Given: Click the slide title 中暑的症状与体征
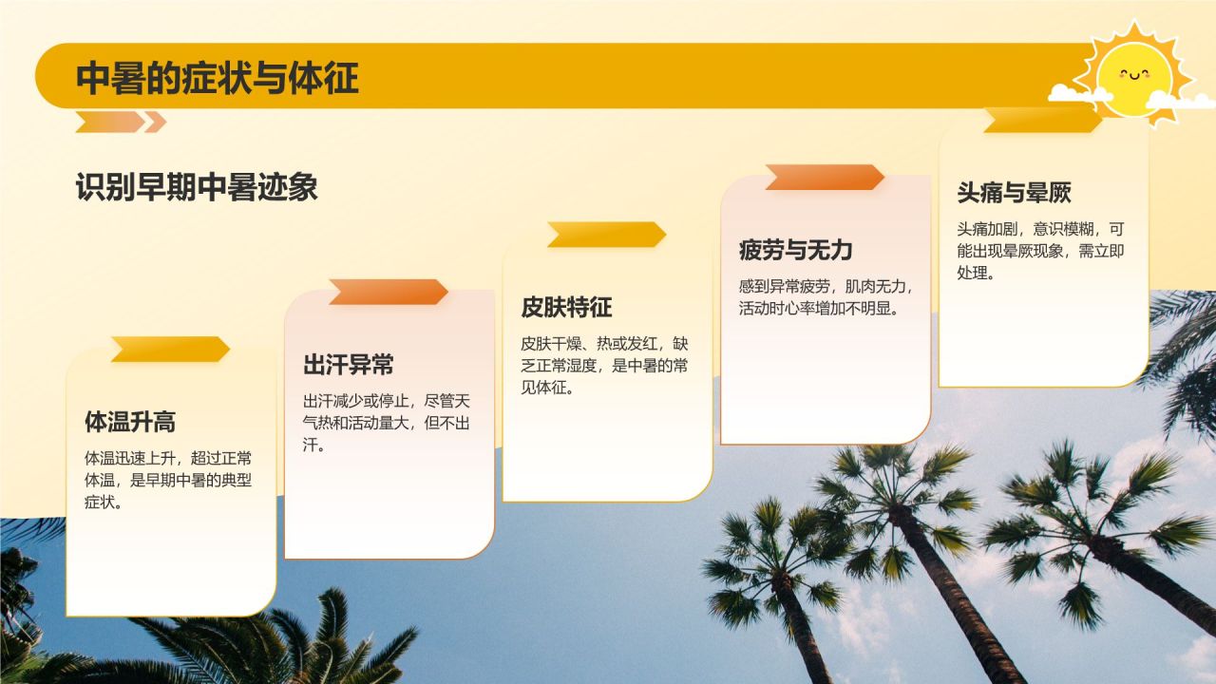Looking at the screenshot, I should pos(218,78).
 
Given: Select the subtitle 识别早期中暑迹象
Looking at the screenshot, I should pos(197,188).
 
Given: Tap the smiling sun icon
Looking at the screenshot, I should pos(1136,76).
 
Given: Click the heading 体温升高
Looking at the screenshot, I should pos(130,421).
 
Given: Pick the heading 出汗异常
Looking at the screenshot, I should pos(349,364).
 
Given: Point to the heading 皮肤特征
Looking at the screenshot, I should pos(566,307).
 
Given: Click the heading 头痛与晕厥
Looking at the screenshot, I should pos(1014,193).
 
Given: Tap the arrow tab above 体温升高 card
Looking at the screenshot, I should pos(169,350).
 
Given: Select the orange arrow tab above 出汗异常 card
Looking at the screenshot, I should pos(388,293).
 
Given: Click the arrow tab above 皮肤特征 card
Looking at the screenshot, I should pos(606,235).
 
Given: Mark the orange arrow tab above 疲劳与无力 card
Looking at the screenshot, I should pos(824,178).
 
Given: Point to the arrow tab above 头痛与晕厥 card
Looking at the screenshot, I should pos(1042,121).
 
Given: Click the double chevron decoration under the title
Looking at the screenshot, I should pos(121,122).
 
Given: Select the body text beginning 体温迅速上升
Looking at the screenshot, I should pos(168,480).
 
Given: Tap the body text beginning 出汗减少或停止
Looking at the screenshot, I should pos(387,423).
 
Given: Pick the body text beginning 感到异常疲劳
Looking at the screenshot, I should pos(825,297).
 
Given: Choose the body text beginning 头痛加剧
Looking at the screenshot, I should pos(1040,251).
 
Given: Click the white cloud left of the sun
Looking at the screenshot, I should pos(1079,93).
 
